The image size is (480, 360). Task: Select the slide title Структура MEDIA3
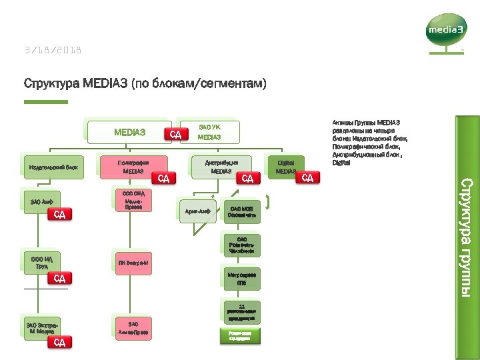[145, 84]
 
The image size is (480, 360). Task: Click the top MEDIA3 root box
[129, 132]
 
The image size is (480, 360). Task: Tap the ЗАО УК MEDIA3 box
[209, 131]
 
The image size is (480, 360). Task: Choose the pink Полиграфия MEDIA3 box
[133, 167]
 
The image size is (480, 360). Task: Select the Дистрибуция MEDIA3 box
[221, 167]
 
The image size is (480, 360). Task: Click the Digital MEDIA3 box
[285, 167]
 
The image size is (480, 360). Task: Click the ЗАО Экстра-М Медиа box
[41, 328]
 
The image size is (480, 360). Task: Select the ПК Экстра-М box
[133, 263]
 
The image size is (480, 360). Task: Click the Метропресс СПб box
[241, 279]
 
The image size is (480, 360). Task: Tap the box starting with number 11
[241, 313]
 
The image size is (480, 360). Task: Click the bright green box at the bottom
[241, 335]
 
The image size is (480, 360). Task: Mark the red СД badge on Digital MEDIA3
[308, 177]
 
